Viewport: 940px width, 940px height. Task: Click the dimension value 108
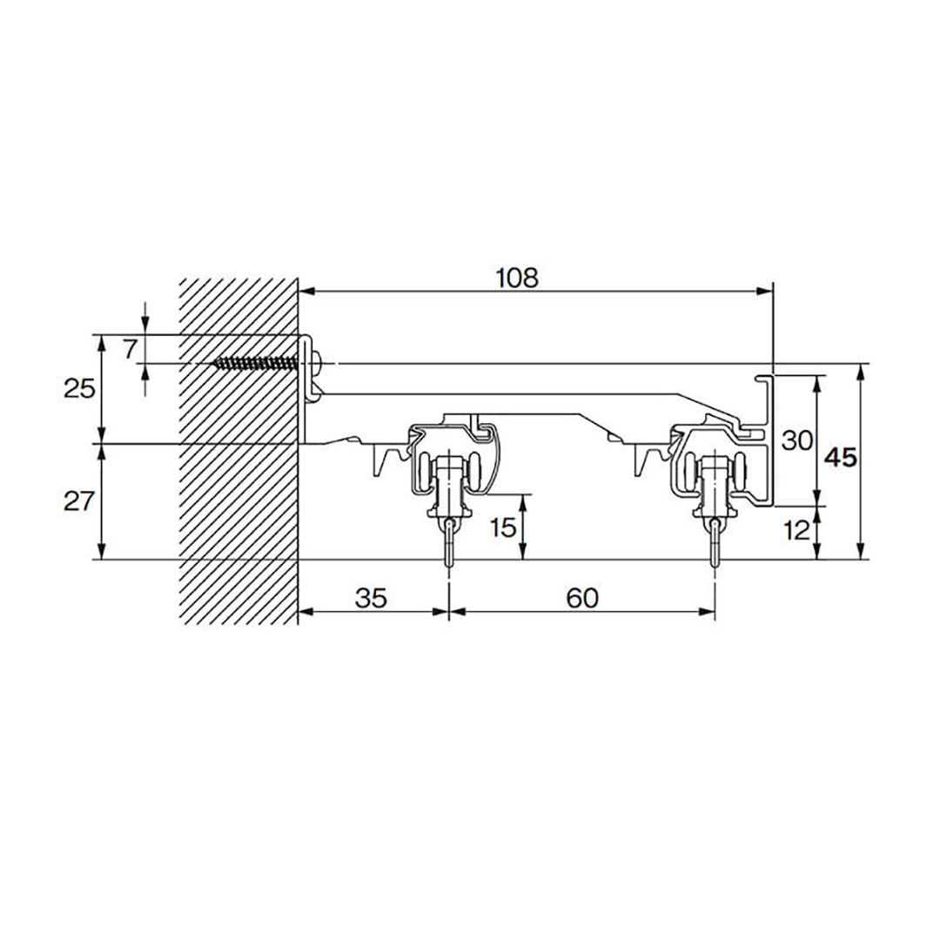tap(517, 279)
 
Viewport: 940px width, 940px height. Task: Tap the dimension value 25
tap(80, 390)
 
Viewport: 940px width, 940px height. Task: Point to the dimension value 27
tap(80, 501)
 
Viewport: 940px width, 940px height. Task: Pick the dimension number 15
tap(502, 527)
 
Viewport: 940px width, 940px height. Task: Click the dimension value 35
tap(371, 598)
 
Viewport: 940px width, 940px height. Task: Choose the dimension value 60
tap(582, 598)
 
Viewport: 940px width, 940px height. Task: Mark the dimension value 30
tap(797, 440)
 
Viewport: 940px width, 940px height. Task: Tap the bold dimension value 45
tap(841, 458)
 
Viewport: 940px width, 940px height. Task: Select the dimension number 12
tap(796, 531)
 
